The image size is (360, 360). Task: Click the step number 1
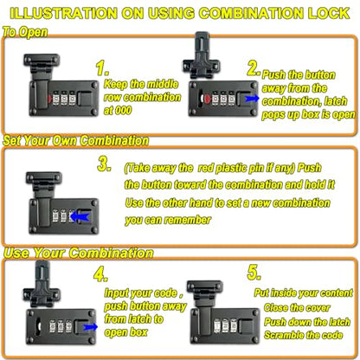pos(102,68)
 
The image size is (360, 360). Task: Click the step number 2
pos(254,68)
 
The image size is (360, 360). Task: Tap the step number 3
pos(104,164)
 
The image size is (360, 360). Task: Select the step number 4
pos(100,274)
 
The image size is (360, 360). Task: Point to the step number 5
pos(254,273)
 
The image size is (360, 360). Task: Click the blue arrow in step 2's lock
pos(252,99)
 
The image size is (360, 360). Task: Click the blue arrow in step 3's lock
pos(80,216)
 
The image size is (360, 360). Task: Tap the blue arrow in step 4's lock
pos(90,327)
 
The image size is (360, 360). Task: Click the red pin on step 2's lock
pos(208,99)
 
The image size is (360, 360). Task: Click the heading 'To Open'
pos(25,32)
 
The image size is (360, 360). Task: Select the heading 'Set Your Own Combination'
pos(76,140)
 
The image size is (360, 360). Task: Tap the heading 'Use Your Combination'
pos(79,253)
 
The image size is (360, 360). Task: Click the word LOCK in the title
pos(329,13)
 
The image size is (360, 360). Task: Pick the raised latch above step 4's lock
pos(42,284)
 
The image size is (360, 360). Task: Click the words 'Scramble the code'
pos(304,335)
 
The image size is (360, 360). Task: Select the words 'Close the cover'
pos(297,307)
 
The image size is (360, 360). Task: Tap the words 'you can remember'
pos(168,220)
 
